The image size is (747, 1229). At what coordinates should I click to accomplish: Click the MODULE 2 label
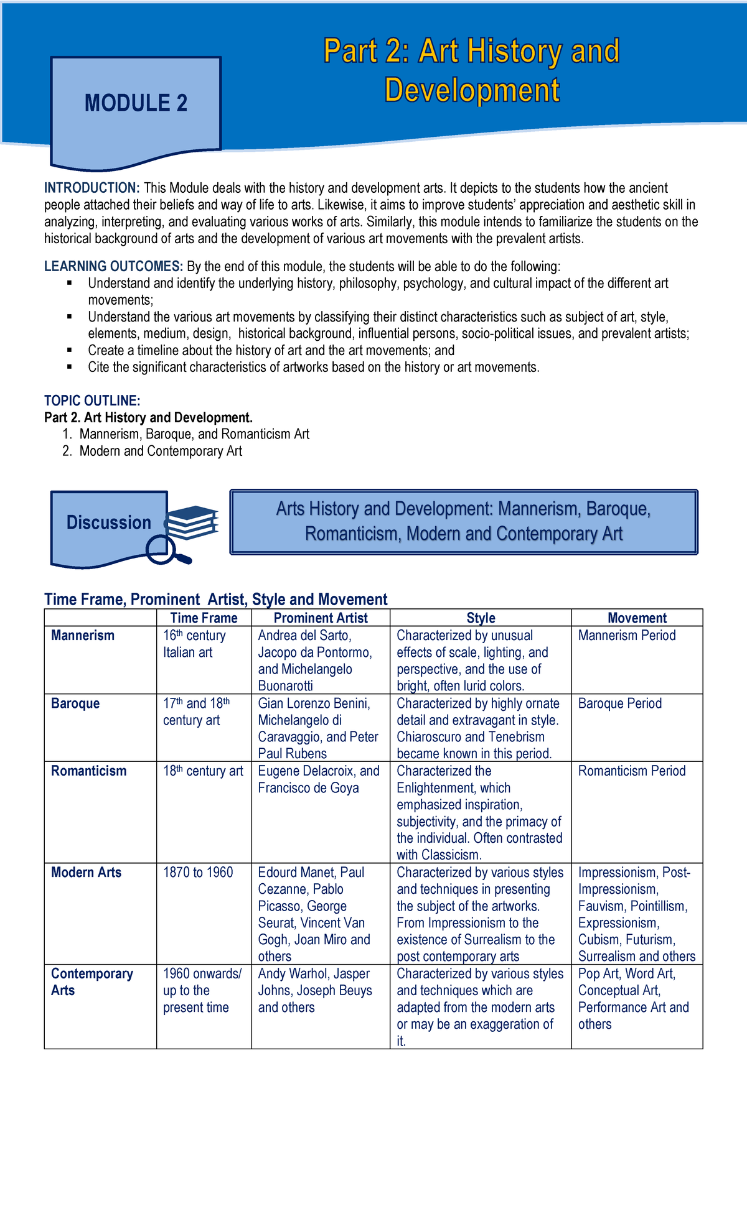coord(136,103)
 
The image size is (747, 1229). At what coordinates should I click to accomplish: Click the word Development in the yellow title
coord(472,90)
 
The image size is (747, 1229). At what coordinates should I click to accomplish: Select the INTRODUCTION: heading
coord(92,188)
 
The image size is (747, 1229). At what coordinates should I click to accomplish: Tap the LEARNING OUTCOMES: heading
coord(113,267)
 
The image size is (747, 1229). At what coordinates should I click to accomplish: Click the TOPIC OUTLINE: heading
coord(92,401)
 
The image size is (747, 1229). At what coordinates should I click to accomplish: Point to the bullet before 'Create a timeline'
coord(69,350)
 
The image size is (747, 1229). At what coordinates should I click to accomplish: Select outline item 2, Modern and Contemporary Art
coord(160,451)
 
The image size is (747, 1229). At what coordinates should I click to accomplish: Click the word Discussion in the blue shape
coord(108,522)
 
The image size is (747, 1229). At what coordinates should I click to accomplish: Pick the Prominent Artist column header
coord(321,618)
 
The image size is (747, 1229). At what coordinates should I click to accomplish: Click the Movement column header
coord(637,618)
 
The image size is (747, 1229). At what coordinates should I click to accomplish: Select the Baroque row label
coord(75,703)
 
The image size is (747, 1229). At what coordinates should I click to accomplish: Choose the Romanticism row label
coord(88,771)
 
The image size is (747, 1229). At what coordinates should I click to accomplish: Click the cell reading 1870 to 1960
coord(198,873)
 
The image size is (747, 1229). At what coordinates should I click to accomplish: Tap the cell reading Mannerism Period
coord(627,636)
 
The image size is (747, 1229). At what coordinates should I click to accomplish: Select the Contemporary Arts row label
coord(92,982)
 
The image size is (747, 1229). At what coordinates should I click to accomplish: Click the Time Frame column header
coord(204,618)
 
